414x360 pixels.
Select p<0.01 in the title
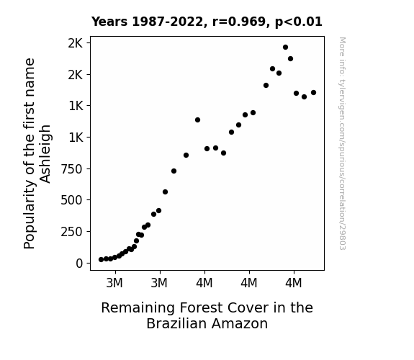pos(299,22)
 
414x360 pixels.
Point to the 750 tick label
pos(72,169)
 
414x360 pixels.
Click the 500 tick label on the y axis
pos(72,200)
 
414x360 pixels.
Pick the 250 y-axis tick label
pos(72,232)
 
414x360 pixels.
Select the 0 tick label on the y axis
pos(79,264)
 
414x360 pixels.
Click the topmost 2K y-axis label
pos(76,43)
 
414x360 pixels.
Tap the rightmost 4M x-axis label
pos(293,283)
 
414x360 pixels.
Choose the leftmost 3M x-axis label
pos(114,283)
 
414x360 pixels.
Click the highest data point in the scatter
pos(285,48)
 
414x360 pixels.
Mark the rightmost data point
pos(313,92)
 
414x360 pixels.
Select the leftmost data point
pos(101,260)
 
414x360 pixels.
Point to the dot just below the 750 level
pos(174,171)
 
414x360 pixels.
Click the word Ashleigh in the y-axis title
pos(45,154)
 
